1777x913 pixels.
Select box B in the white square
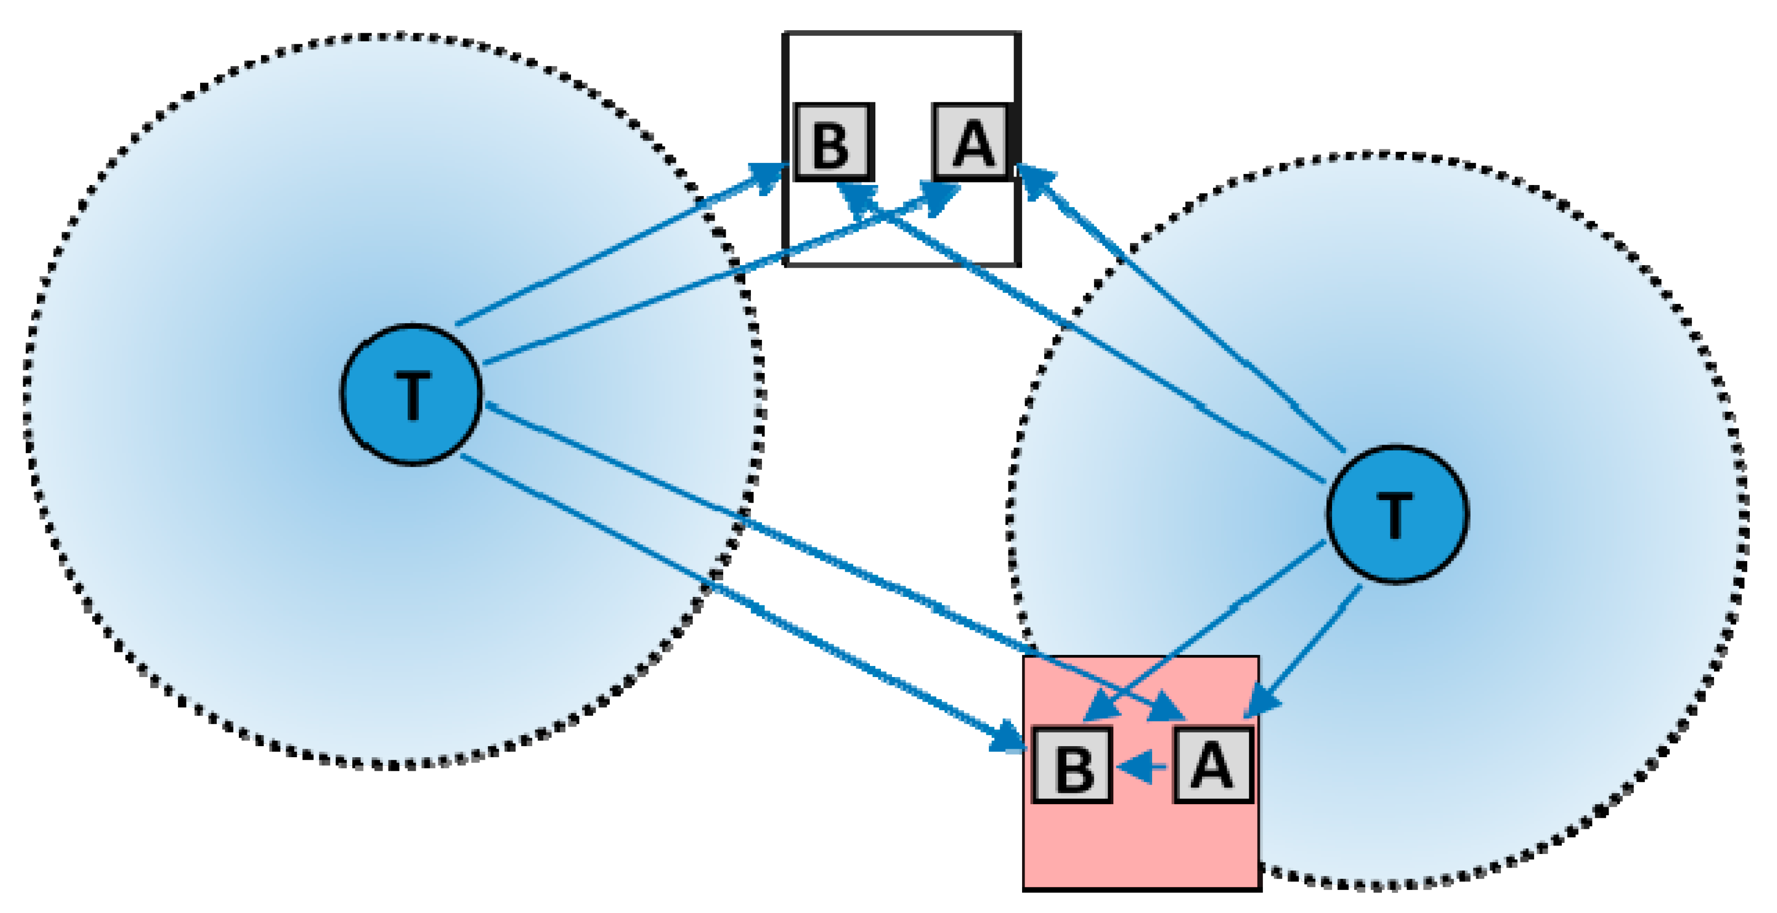pyautogui.click(x=833, y=143)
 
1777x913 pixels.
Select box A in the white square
pyautogui.click(x=971, y=143)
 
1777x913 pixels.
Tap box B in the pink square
pyautogui.click(x=1072, y=765)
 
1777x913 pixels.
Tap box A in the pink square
pyautogui.click(x=1213, y=765)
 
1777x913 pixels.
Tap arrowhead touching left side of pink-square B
pyautogui.click(x=1008, y=739)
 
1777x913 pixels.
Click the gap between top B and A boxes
pyautogui.click(x=902, y=143)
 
